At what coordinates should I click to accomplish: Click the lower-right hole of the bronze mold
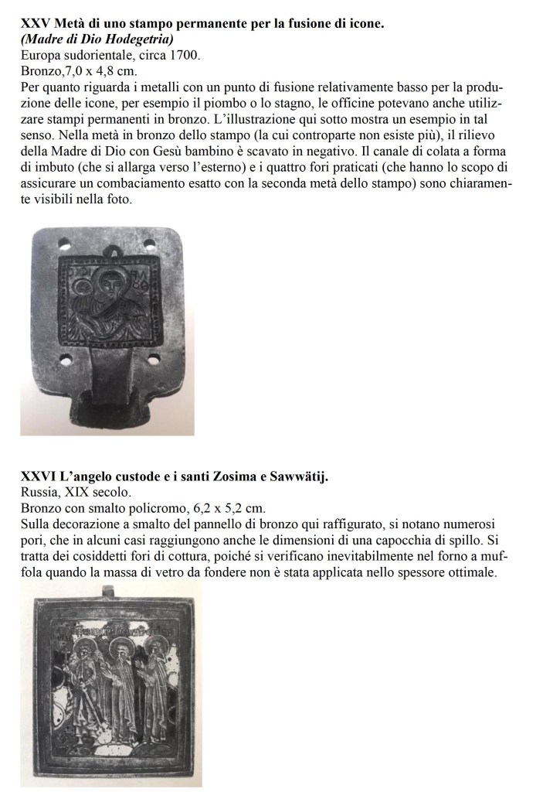click(x=154, y=359)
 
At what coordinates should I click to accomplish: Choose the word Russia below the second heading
click(x=39, y=492)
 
